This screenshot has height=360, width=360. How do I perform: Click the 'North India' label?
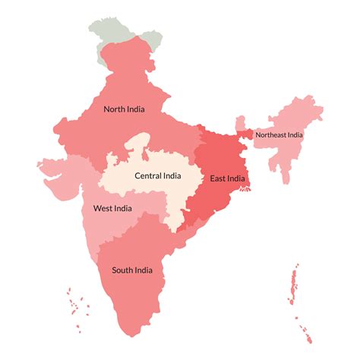124,109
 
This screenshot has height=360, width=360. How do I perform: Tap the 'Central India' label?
157,175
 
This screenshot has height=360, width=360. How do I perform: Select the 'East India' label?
227,178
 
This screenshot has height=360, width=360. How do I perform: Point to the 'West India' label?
112,208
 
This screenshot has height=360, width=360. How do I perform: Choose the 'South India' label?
132,270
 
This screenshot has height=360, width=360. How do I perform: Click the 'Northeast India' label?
279,135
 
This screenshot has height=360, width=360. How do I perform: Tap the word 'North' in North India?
115,109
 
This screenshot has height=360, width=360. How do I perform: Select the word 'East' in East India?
219,178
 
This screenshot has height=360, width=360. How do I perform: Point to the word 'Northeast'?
270,135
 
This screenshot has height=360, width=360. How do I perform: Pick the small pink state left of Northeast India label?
240,123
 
